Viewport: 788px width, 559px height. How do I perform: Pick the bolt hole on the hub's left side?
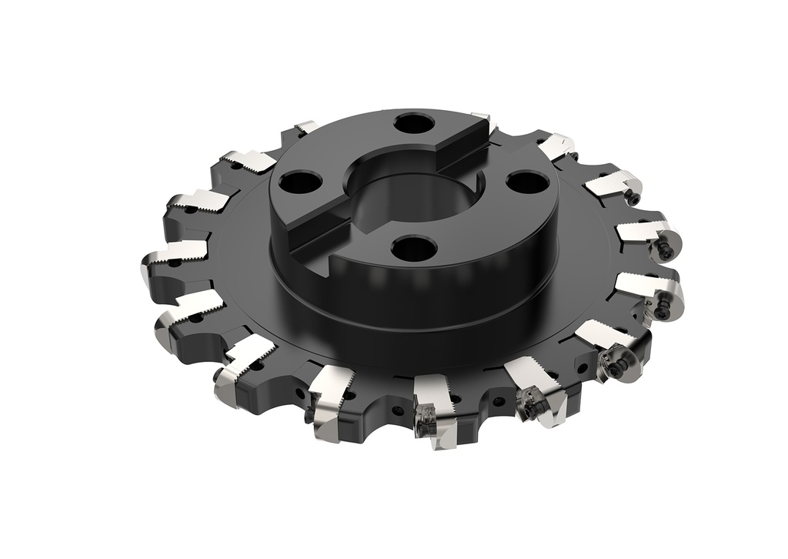(295, 183)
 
